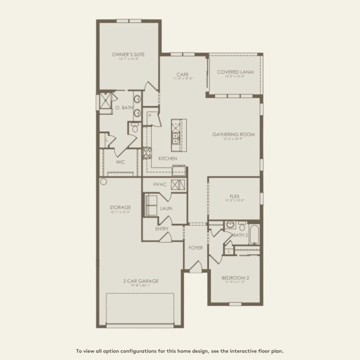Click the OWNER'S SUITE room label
tap(128, 55)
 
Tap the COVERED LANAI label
tap(235, 72)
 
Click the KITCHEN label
tap(168, 159)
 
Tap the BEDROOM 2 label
tap(235, 278)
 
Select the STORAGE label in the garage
tap(120, 207)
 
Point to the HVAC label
tap(160, 185)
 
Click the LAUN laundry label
tap(166, 208)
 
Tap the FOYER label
tap(196, 248)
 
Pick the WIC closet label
tap(121, 162)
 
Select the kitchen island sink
tap(176, 137)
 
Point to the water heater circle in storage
tap(103, 182)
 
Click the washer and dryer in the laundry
tap(151, 205)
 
